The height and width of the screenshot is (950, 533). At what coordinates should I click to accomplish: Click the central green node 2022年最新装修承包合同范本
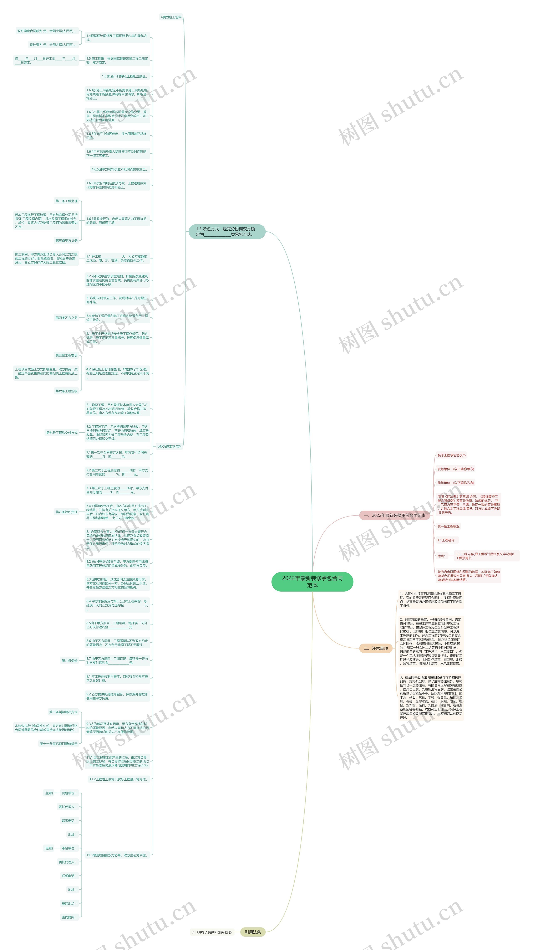tap(312, 582)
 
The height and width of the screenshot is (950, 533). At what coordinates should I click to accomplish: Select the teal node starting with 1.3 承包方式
tap(227, 232)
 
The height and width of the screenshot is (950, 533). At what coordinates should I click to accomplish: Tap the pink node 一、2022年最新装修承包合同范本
tap(394, 515)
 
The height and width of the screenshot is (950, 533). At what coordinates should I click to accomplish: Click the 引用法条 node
tap(253, 932)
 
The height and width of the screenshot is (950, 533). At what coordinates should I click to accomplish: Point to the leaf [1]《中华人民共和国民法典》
tap(212, 932)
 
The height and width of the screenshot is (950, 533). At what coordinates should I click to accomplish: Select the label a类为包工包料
tap(171, 17)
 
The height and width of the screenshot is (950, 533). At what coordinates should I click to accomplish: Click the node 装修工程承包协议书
tap(451, 455)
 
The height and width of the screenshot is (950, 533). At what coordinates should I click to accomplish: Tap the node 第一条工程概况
tap(448, 526)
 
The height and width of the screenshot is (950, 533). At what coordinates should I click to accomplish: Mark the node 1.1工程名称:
tap(447, 540)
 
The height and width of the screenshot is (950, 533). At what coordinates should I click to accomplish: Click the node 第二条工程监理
tap(66, 201)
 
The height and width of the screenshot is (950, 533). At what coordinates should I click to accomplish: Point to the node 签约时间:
tap(69, 917)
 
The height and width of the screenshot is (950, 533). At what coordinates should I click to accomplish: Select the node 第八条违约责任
tap(66, 512)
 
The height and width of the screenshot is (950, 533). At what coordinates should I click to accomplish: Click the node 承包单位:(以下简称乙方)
tap(456, 483)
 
